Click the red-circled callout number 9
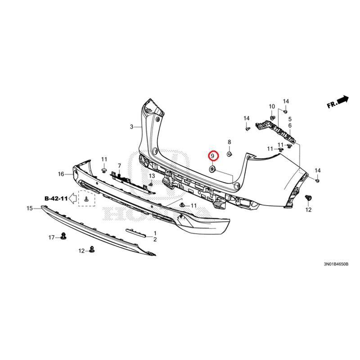click(x=212, y=156)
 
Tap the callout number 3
click(x=131, y=127)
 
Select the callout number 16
click(x=61, y=174)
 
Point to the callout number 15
click(x=30, y=208)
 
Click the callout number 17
click(x=51, y=238)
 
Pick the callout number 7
click(x=119, y=166)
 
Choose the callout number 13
click(x=152, y=176)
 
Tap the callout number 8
click(x=229, y=142)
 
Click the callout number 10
click(x=272, y=107)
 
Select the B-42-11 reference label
click(x=56, y=198)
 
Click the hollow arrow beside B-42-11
click(x=73, y=198)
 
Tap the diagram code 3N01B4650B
click(x=336, y=264)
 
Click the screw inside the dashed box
click(x=86, y=199)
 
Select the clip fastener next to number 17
click(x=63, y=236)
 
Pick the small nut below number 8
click(x=229, y=153)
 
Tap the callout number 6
click(x=290, y=126)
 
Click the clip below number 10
click(x=272, y=118)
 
